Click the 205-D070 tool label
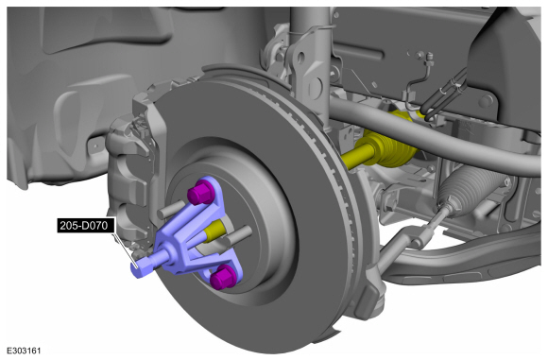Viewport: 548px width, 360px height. (x=84, y=226)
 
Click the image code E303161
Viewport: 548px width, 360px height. (x=24, y=351)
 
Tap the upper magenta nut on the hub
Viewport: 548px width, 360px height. (x=200, y=192)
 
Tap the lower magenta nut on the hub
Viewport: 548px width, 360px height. (x=223, y=277)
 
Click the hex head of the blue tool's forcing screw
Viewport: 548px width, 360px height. (x=139, y=268)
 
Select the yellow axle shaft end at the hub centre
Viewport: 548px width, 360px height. (x=214, y=231)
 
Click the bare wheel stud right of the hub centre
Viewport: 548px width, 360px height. (x=238, y=235)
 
